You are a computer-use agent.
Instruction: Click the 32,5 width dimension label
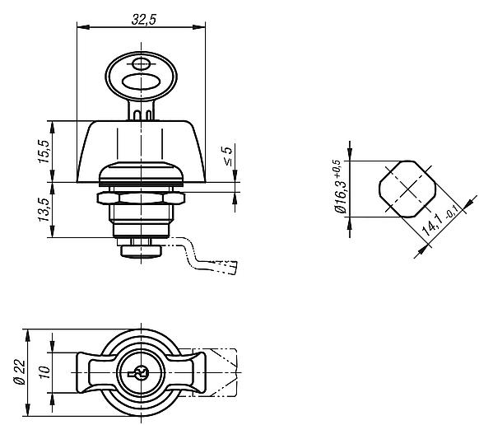coord(144,20)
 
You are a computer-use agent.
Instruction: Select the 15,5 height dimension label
coord(44,152)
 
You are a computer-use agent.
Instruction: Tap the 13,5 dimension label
coord(44,210)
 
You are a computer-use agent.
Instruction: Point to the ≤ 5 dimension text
coord(228,156)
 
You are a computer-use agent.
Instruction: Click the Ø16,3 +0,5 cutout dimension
coord(340,186)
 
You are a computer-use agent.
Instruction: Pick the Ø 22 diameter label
coord(19,372)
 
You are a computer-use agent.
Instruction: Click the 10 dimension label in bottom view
coord(44,372)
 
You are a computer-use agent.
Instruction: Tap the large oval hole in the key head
coord(141,82)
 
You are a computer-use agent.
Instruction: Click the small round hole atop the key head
coord(141,64)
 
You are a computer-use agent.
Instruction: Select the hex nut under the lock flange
coord(141,198)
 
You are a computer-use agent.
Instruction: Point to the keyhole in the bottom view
coord(141,373)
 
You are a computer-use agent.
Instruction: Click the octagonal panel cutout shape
coord(407,189)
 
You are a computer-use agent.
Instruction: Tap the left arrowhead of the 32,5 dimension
coord(83,27)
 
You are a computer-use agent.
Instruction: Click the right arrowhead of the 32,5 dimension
coord(199,27)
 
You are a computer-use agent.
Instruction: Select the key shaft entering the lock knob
coord(141,110)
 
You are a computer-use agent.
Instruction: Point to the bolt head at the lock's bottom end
coord(141,250)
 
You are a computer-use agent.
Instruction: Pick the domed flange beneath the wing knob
coord(141,174)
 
